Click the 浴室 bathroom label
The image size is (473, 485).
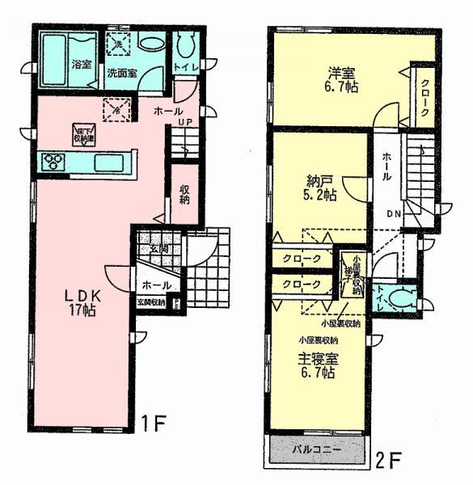[80, 64]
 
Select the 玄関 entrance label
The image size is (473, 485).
[158, 249]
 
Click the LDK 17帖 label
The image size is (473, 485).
[82, 302]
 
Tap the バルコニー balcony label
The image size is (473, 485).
[315, 449]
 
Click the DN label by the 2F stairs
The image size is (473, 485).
[394, 214]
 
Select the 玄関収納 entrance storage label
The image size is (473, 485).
[150, 302]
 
